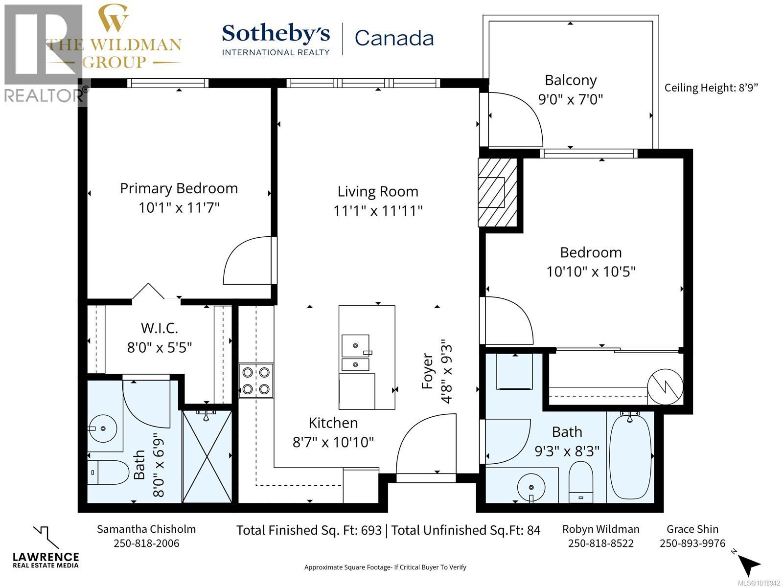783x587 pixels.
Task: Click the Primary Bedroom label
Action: tap(179, 188)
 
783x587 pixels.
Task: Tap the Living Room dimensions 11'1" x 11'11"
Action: tap(378, 211)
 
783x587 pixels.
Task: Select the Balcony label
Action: tap(571, 80)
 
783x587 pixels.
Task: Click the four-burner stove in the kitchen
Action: tap(256, 381)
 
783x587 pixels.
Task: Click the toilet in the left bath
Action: tap(108, 472)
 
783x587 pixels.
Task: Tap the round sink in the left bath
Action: tap(103, 429)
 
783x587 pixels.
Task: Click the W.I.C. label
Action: tap(160, 328)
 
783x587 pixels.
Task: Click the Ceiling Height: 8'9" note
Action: tap(711, 88)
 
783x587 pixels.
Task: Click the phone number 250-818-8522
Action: tap(600, 543)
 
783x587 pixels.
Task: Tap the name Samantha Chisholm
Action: tap(146, 529)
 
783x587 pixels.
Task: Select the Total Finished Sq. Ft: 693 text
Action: tap(309, 530)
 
